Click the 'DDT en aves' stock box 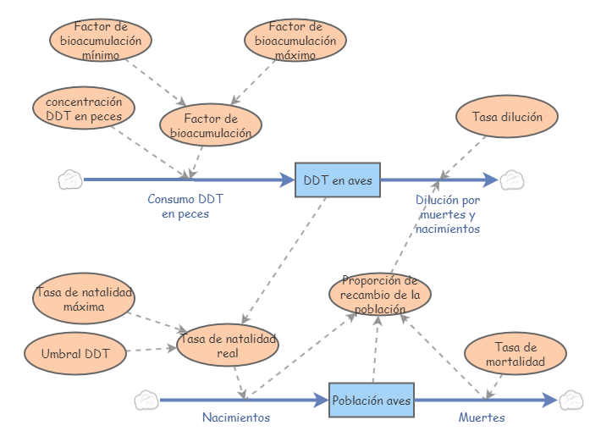click(338, 180)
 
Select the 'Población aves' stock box click(372, 400)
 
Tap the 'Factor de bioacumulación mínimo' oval click(101, 40)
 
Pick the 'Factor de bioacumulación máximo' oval click(295, 40)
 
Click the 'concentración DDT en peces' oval click(83, 108)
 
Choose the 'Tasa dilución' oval click(506, 117)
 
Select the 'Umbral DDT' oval click(75, 353)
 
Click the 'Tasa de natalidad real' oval click(227, 345)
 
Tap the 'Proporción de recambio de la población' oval click(380, 294)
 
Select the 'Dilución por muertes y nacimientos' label click(448, 214)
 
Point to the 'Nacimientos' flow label click(236, 417)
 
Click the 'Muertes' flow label click(482, 417)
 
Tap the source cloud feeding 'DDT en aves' click(70, 180)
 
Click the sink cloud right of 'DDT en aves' click(512, 180)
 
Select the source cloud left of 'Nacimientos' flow click(146, 400)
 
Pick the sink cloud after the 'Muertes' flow click(571, 400)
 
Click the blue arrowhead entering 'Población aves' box click(320, 400)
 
